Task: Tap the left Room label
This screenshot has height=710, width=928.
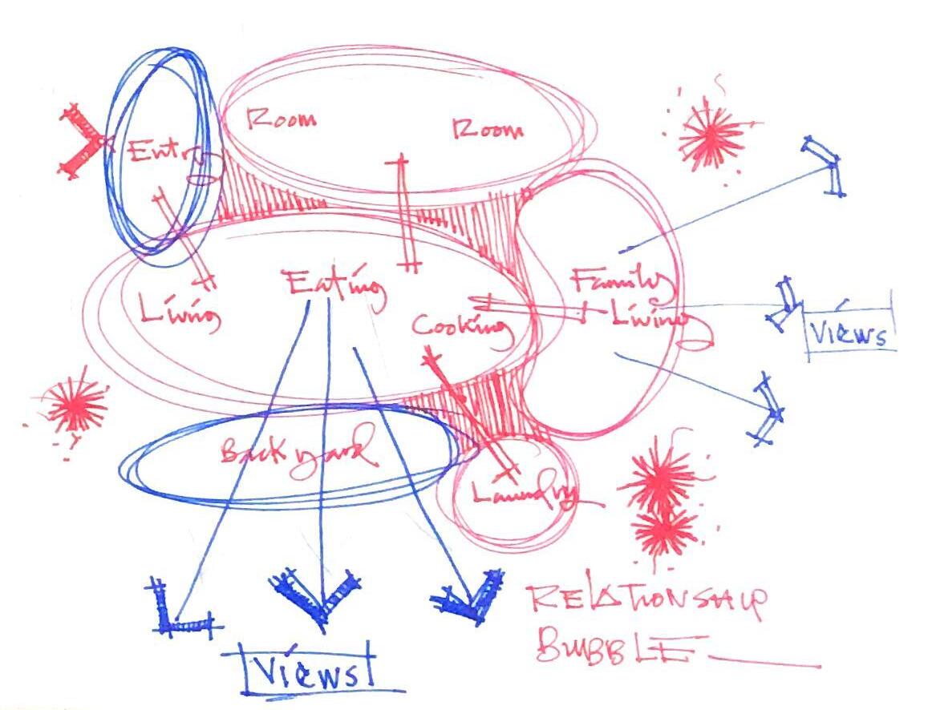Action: pos(280,120)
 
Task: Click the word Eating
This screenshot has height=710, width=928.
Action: pos(333,286)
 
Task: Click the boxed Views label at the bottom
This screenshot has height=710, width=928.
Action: pos(306,668)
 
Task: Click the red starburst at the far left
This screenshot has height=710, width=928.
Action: pos(76,405)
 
